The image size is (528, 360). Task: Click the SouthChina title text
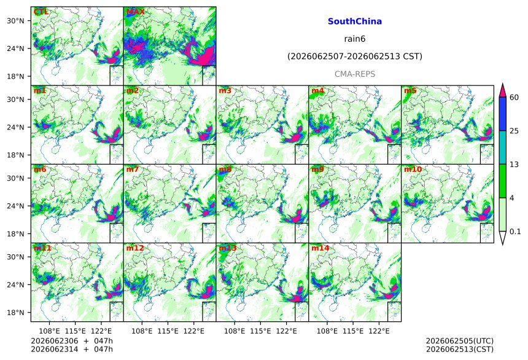355,22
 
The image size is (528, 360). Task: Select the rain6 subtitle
355,39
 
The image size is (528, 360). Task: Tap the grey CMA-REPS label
355,74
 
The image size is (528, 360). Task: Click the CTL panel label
41,12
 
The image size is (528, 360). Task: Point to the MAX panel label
135,12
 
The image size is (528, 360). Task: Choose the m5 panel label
410,91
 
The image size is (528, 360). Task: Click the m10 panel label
413,169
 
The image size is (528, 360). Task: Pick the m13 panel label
228,248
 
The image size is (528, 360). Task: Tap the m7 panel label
133,169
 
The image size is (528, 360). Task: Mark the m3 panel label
225,91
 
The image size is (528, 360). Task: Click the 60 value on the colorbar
514,98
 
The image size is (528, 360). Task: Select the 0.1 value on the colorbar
515,232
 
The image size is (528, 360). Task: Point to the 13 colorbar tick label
514,165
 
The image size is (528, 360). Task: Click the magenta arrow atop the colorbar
502,90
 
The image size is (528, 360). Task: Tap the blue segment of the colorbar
502,114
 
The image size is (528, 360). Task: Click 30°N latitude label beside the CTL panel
15,21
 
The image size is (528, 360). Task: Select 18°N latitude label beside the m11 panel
15,313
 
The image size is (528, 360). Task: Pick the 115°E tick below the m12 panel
168,331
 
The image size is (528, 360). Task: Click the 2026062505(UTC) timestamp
460,341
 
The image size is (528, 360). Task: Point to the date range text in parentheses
355,57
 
